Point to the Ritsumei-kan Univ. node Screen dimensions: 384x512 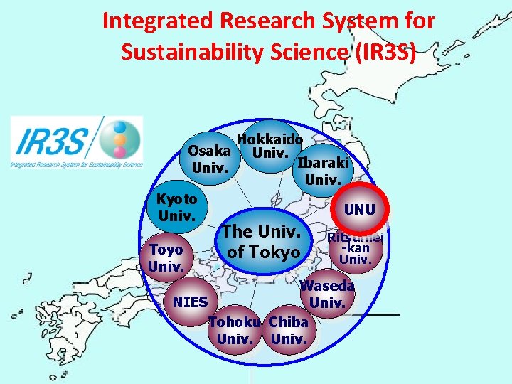(355, 247)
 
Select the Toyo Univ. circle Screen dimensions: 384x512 (166, 257)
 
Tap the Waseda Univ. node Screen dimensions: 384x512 (327, 295)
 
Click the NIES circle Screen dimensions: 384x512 (190, 302)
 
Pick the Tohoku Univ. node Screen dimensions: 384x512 (235, 331)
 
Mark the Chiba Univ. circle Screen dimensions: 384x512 (289, 331)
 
